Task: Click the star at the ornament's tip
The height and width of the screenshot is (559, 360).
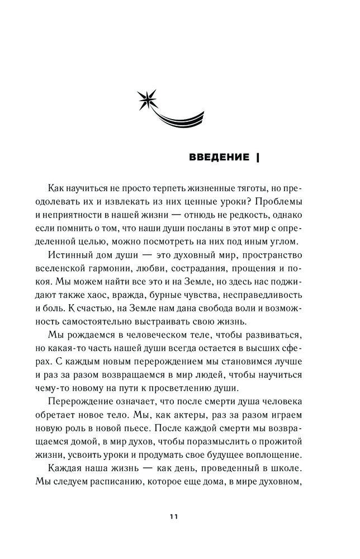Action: tap(148, 100)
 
